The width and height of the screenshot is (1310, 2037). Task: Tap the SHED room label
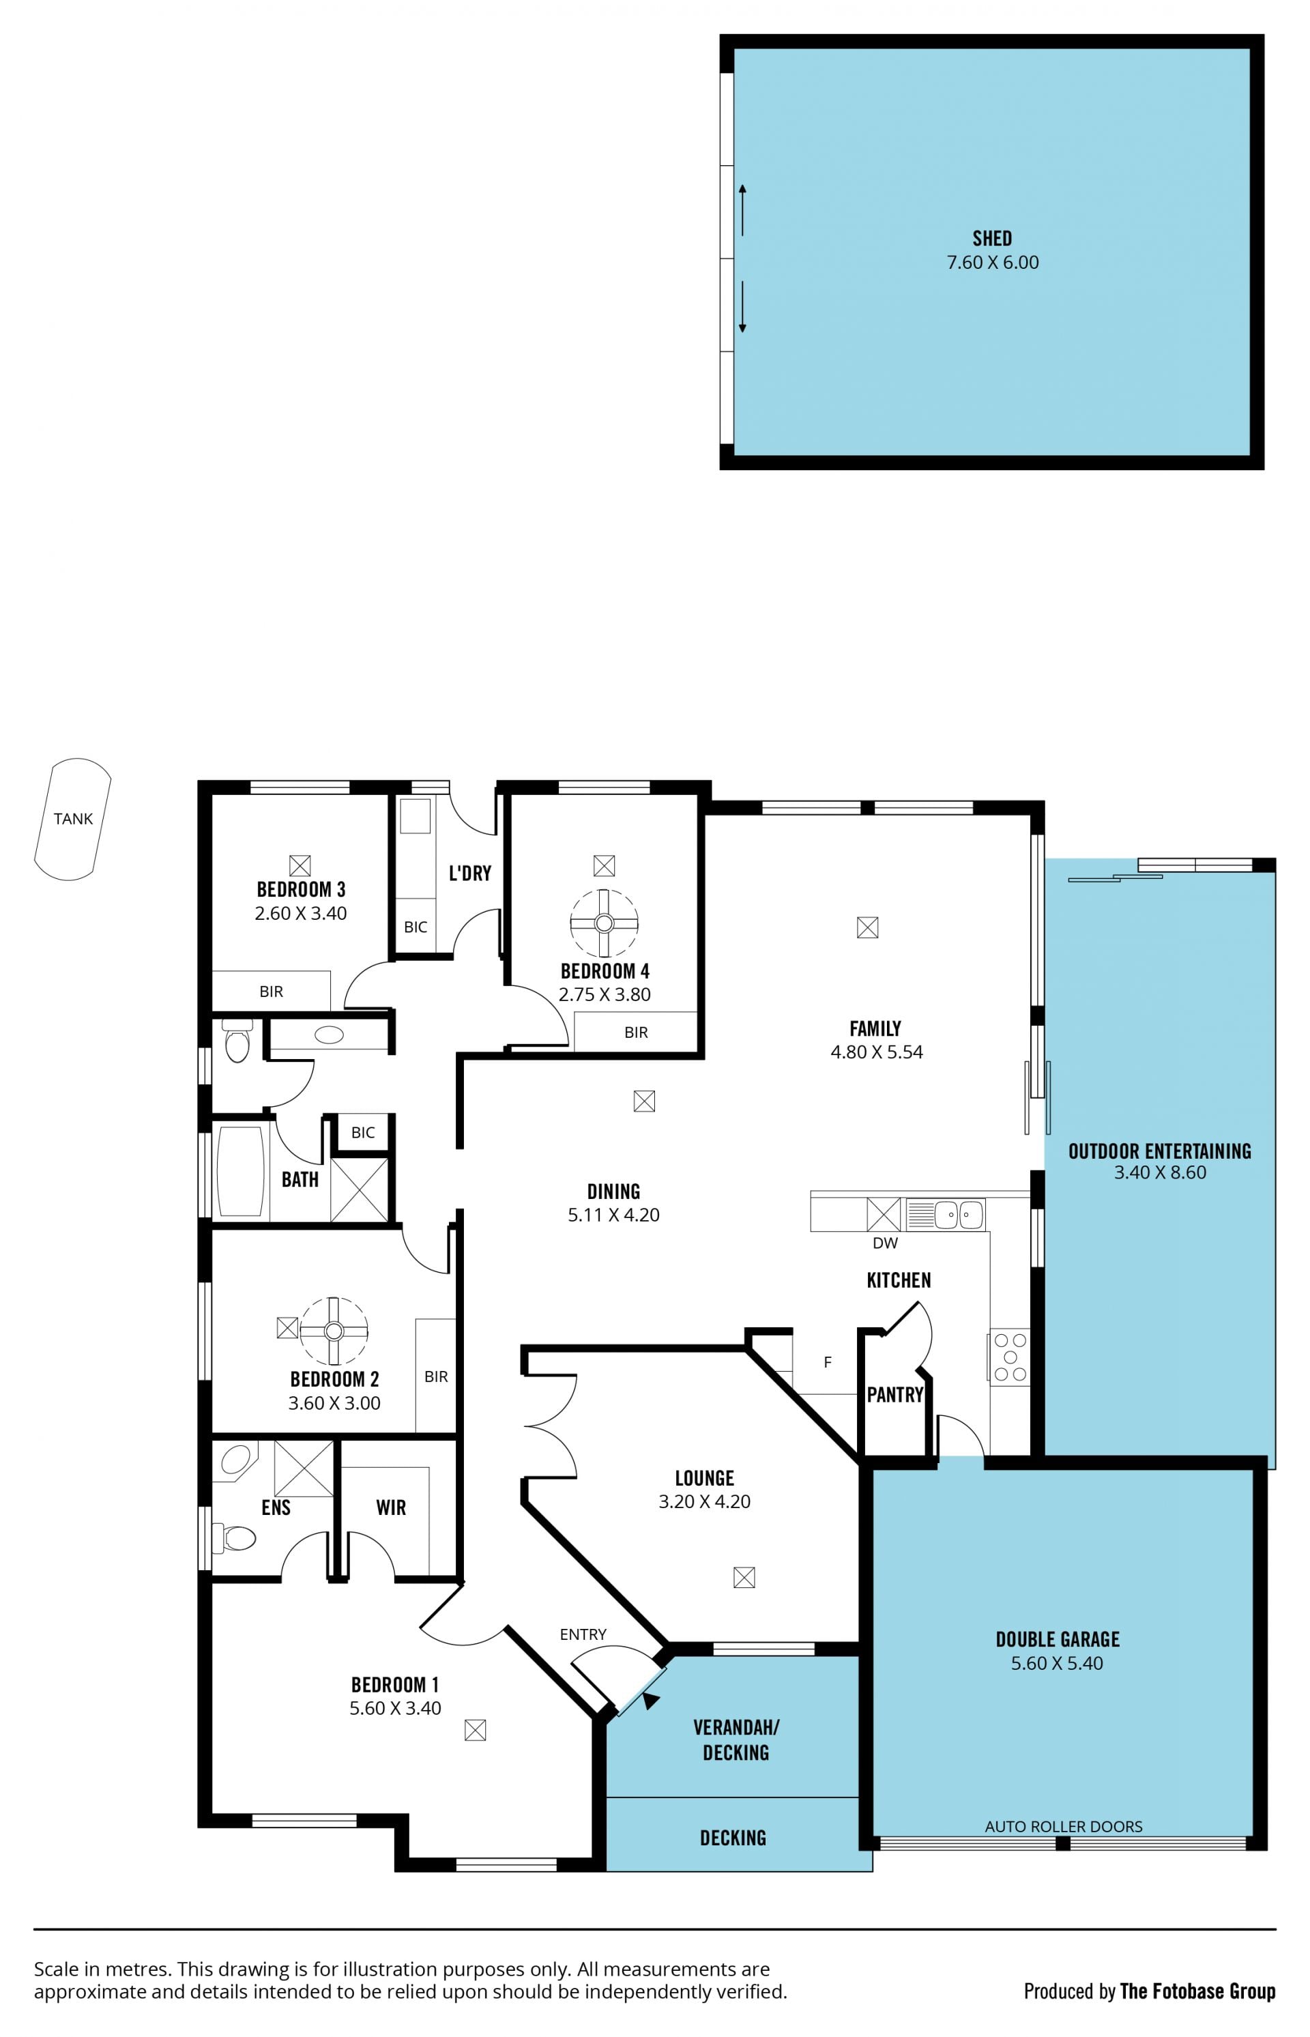coord(992,238)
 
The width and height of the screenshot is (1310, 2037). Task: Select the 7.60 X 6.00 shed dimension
coord(993,262)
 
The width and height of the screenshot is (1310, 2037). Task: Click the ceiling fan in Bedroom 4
coord(604,923)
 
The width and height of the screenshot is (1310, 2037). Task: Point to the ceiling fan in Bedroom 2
coord(334,1331)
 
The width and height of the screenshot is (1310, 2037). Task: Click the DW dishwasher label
coord(885,1243)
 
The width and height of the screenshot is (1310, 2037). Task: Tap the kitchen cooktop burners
coord(1010,1357)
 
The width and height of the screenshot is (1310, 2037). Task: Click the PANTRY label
coord(895,1395)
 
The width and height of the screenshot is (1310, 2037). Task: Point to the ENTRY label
coord(583,1634)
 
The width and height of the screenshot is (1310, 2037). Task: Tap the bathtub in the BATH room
coord(241,1172)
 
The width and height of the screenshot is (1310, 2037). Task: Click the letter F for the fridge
coord(827,1362)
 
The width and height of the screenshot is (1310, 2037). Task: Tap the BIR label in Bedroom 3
coord(272,992)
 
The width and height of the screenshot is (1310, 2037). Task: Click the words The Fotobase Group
coord(1197,1992)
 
